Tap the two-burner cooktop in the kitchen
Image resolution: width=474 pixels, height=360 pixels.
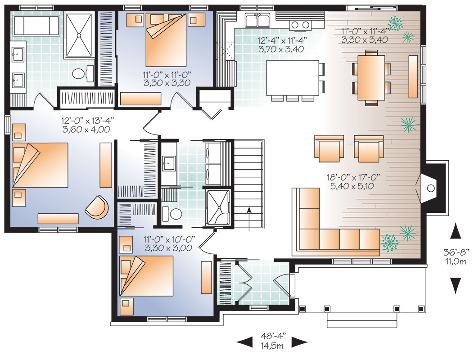pos(300,25)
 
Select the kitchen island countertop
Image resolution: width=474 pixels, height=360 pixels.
pos(293,78)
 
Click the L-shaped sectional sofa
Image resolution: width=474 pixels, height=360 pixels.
pos(335,222)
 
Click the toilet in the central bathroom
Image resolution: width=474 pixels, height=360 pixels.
pos(172,214)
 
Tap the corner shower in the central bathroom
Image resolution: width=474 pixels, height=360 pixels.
pos(217,207)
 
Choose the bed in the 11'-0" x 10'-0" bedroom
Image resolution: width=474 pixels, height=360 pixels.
pos(146,276)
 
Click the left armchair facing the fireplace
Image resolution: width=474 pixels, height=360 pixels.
pos(329,148)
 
